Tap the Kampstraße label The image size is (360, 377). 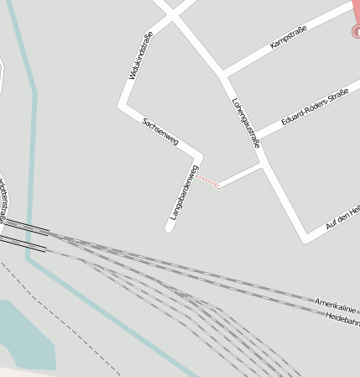(x=290, y=39)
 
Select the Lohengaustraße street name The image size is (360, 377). (x=245, y=123)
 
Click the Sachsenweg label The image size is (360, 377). (x=160, y=132)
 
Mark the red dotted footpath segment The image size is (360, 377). (x=209, y=180)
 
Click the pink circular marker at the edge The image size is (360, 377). (x=357, y=32)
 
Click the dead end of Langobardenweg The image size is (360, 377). (x=170, y=228)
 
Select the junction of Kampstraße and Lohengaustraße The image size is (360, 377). (x=223, y=76)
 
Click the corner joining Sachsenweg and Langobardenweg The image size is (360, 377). (x=199, y=156)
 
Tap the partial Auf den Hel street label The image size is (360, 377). (x=342, y=217)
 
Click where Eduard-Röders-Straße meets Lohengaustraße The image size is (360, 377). (x=253, y=137)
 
